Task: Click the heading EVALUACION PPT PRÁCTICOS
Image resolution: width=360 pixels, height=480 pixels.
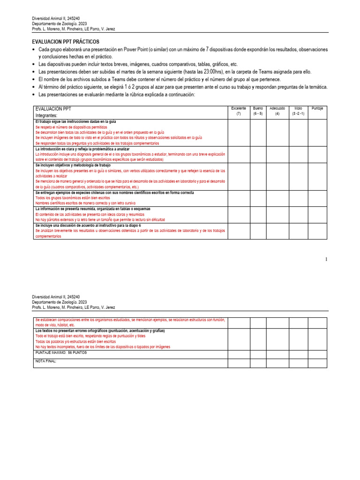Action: tap(65, 42)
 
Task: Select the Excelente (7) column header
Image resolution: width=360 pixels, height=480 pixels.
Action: tap(239, 111)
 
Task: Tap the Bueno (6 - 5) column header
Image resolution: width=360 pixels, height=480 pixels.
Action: tap(258, 111)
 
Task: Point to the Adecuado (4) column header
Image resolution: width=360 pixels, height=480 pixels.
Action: tap(277, 111)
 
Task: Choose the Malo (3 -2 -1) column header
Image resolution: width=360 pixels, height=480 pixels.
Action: tap(298, 111)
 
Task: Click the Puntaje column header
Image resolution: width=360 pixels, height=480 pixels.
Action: tap(317, 108)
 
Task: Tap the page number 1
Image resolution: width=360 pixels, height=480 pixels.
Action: tap(325, 259)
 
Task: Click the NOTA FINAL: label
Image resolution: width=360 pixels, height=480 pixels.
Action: tap(45, 361)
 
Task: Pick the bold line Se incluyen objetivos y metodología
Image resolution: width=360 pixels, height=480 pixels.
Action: tap(73, 165)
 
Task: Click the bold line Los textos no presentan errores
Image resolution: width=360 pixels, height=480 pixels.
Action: tap(100, 331)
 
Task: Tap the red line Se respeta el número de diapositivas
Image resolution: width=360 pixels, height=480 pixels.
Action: tap(71, 127)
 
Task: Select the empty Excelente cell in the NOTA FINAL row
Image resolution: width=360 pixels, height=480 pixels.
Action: tap(239, 364)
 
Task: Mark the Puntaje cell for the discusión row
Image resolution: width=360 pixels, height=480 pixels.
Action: tap(317, 231)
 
